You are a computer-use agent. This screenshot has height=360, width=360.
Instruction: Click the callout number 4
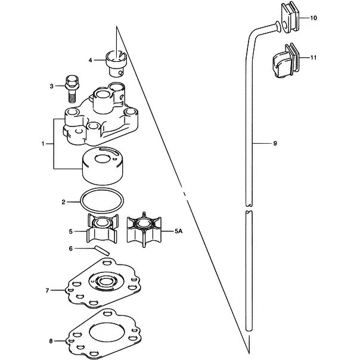(90, 60)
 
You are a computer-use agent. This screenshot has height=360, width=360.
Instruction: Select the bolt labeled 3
(72, 89)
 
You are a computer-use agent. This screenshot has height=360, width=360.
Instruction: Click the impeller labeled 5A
(144, 229)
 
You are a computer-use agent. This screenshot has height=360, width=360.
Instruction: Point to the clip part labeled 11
(285, 61)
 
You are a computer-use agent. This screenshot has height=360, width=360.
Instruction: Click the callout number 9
(275, 144)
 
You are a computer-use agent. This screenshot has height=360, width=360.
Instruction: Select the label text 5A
(178, 231)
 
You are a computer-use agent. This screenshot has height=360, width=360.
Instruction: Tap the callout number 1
(43, 144)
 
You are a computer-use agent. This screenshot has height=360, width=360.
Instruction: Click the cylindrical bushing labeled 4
(116, 63)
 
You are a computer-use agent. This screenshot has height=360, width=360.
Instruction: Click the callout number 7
(47, 291)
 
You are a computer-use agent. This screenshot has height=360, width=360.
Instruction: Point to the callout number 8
(51, 341)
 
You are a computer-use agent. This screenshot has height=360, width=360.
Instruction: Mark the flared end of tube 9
(278, 26)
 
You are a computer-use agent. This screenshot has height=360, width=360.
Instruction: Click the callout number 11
(314, 57)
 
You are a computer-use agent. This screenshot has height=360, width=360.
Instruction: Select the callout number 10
(314, 18)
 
